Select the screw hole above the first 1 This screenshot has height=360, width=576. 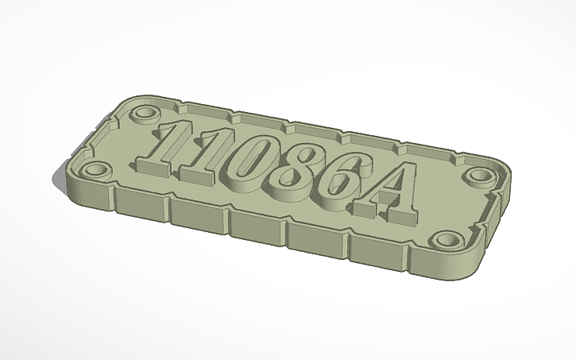pos(143,114)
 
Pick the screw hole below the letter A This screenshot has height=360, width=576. pos(446,238)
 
